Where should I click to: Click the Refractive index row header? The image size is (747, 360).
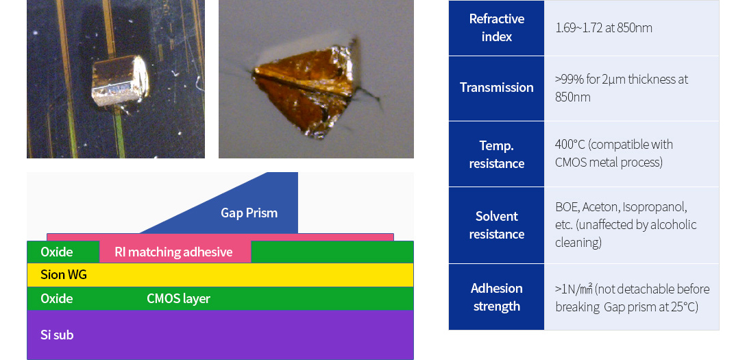[496, 27]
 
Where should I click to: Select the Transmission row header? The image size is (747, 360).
[496, 88]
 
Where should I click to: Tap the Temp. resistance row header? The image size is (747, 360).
[496, 154]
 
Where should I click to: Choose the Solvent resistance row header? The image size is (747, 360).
[496, 225]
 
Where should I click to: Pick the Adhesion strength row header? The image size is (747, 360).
[496, 297]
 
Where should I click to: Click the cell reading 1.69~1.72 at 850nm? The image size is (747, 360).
[604, 28]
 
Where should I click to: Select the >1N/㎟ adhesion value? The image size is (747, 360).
[574, 289]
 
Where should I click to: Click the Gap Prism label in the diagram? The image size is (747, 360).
[249, 213]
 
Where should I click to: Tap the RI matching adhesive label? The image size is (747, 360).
[173, 252]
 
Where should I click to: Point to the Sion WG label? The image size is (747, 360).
[63, 275]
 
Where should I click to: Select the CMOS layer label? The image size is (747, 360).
[178, 299]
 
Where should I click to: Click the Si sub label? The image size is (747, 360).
[57, 335]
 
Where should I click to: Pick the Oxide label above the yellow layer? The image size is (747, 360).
[57, 252]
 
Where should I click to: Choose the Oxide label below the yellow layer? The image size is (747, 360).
[57, 299]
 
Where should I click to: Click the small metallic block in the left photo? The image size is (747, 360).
[120, 80]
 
